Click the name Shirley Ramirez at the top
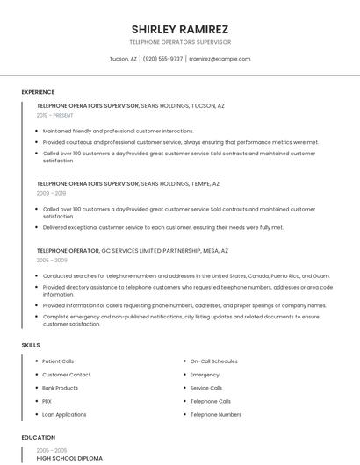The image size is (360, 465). coord(180,28)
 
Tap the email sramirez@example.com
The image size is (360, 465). coord(220,59)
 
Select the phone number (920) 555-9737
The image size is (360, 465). coord(162,59)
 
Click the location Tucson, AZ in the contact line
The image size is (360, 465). coord(123,59)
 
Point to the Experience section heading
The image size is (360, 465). coord(38,91)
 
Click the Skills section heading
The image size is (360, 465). coord(31,345)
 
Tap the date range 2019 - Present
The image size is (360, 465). coord(55,115)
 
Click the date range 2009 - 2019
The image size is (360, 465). coord(51,193)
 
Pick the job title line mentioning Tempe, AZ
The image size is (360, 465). coord(128,184)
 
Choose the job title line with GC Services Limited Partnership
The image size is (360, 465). coord(133,251)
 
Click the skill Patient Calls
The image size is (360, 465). coord(58,361)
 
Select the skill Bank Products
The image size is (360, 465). coord(60,388)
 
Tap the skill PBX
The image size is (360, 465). coord(47,401)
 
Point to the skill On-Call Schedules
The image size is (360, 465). coord(213,361)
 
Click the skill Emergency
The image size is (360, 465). coord(205,375)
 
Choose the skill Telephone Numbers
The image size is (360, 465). coord(215,414)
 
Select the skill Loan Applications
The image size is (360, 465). coord(64,414)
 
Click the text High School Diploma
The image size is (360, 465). coord(69,458)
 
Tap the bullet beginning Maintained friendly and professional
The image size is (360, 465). coord(118,131)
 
